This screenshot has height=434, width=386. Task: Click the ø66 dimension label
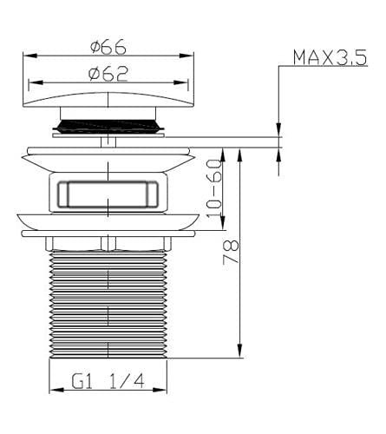[108, 46]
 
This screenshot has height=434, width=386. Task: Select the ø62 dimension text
[108, 74]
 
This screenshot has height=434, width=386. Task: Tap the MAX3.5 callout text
[330, 57]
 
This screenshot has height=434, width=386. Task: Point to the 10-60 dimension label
[214, 188]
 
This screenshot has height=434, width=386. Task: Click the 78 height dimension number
[231, 251]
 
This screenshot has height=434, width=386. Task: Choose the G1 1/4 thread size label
[108, 381]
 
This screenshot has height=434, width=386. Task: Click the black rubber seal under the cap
[108, 126]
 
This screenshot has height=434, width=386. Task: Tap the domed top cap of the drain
[108, 100]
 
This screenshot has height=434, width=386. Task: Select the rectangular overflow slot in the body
[108, 194]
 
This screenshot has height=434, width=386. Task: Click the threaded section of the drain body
[108, 304]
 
